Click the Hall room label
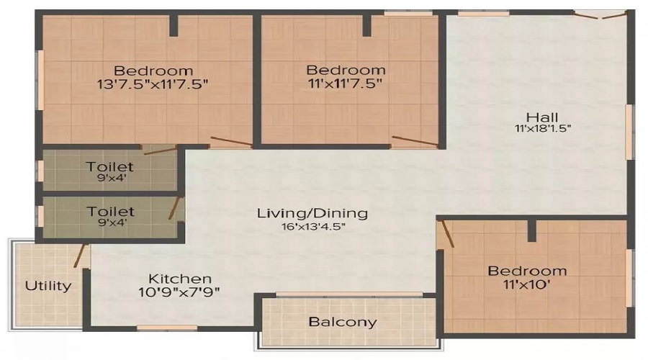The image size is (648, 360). pyautogui.click(x=542, y=117)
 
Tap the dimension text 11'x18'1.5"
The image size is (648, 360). pyautogui.click(x=542, y=130)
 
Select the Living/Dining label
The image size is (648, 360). pyautogui.click(x=312, y=213)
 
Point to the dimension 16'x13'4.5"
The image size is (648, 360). pyautogui.click(x=312, y=227)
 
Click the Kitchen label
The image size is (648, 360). pyautogui.click(x=180, y=278)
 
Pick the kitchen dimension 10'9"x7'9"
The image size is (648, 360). pyautogui.click(x=180, y=292)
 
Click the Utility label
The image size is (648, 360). pyautogui.click(x=48, y=285)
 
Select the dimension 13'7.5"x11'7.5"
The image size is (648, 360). pyautogui.click(x=153, y=84)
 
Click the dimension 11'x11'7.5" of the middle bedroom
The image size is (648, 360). pyautogui.click(x=346, y=84)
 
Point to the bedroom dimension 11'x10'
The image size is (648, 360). pyautogui.click(x=527, y=284)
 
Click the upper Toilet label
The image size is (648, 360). pyautogui.click(x=110, y=167)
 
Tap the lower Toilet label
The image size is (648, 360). pyautogui.click(x=110, y=211)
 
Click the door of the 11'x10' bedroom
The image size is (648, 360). pyautogui.click(x=446, y=235)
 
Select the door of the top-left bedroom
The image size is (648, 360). pyautogui.click(x=230, y=141)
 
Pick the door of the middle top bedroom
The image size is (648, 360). pyautogui.click(x=414, y=141)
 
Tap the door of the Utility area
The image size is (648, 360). pyautogui.click(x=81, y=256)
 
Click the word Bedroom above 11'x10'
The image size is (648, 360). pyautogui.click(x=527, y=271)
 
